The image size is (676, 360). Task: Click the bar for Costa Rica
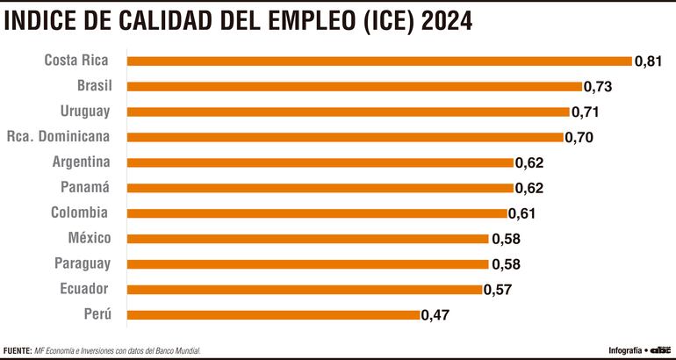379,61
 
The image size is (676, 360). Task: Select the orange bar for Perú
274,314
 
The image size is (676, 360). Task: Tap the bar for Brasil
354,86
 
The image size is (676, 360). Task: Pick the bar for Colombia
317,213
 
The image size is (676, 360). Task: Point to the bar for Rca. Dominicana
345,137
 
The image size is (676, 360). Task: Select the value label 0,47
436,315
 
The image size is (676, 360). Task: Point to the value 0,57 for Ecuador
498,290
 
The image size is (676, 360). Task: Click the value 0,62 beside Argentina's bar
529,163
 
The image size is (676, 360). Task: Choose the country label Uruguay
85,111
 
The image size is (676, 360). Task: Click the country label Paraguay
82,263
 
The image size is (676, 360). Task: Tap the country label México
89,238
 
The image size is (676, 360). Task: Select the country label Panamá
85,187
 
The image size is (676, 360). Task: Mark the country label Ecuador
84,289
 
